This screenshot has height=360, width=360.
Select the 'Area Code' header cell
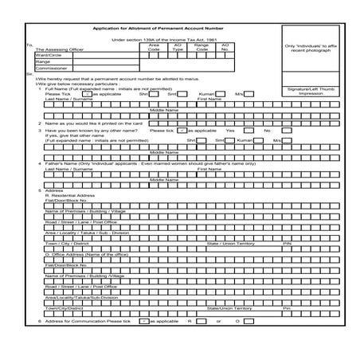tap(154, 49)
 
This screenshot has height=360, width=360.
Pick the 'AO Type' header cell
tap(178, 49)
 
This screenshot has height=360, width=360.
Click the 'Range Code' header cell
tap(202, 49)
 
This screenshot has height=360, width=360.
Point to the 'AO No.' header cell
tap(225, 49)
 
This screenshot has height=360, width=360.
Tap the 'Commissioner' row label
tap(52, 68)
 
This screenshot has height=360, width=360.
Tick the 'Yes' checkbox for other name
tap(243, 130)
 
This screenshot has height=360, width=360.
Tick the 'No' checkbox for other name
tap(279, 130)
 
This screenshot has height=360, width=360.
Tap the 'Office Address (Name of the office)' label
tap(88, 254)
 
